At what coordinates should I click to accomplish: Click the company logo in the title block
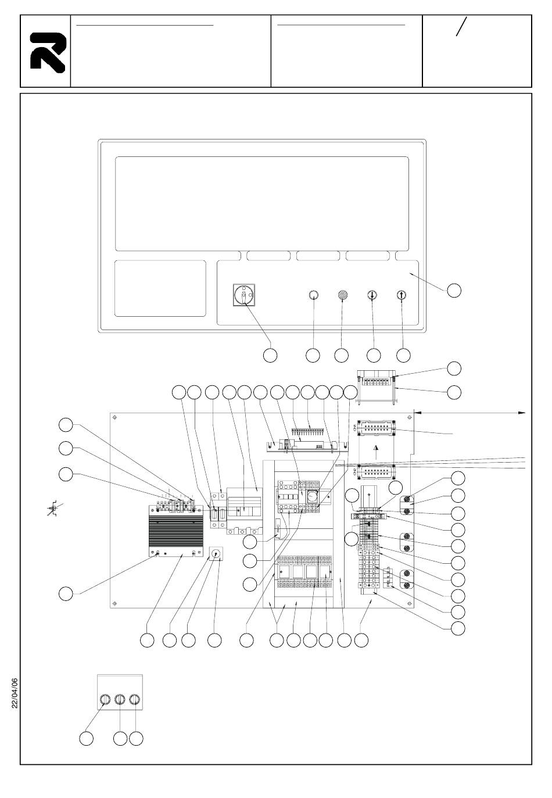click(x=47, y=52)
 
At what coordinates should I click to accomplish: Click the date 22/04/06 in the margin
click(x=15, y=693)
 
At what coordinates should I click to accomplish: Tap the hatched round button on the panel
click(x=343, y=295)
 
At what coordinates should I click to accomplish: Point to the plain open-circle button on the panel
click(x=313, y=295)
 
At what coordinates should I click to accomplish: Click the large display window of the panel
click(x=262, y=203)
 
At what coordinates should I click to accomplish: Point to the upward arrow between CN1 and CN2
click(x=376, y=449)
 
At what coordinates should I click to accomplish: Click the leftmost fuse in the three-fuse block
click(x=105, y=700)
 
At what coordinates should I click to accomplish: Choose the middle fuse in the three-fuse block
click(x=120, y=700)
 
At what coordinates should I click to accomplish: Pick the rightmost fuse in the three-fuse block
click(x=135, y=700)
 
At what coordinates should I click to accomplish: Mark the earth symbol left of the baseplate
click(x=53, y=509)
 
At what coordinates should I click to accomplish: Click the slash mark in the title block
click(x=462, y=27)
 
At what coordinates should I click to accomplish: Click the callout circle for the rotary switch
click(x=270, y=355)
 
